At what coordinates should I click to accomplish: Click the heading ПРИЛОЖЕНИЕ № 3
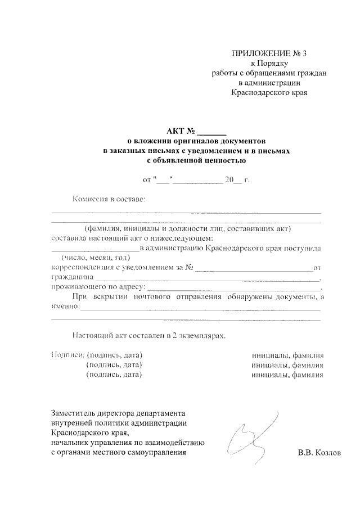[270, 54]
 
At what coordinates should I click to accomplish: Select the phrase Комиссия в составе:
[109, 199]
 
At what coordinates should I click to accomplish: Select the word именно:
[65, 307]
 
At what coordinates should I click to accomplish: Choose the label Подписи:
[67, 355]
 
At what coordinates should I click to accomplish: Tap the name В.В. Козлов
[319, 452]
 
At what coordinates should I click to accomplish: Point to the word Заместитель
[73, 413]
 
